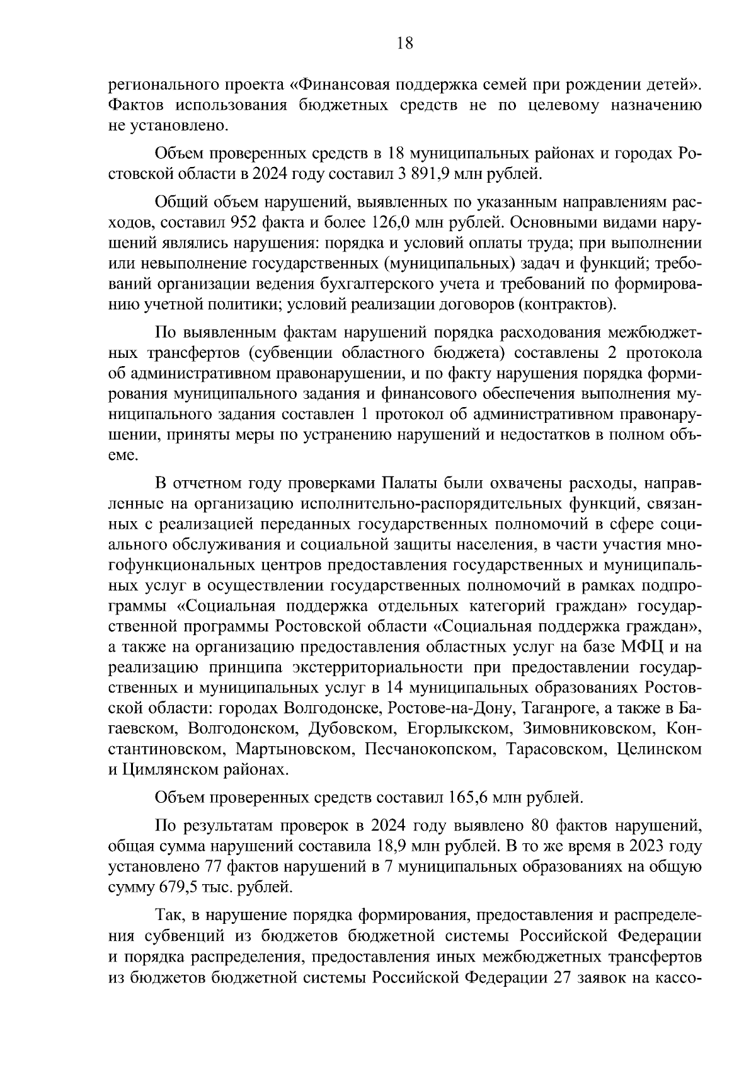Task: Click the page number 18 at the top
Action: coord(404,43)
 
